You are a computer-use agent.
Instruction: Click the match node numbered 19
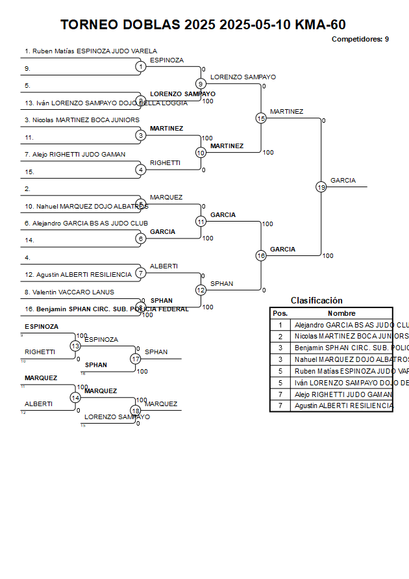321,187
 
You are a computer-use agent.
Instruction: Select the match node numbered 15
261,118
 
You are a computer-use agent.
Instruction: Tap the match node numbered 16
261,255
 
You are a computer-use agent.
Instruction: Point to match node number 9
201,84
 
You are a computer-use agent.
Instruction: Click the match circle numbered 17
136,359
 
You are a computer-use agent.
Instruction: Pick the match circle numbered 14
75,398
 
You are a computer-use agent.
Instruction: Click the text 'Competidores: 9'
360,39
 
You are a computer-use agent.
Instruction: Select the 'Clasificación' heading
316,301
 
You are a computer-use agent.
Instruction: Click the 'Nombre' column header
341,313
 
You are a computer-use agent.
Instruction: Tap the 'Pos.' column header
280,313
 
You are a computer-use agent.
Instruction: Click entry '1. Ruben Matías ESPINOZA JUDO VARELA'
91,51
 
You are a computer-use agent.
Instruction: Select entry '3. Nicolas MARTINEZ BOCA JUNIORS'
82,120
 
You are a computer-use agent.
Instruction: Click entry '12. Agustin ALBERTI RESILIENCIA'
78,275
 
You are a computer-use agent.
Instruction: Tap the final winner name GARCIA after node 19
343,181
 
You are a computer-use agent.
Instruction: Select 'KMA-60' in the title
320,25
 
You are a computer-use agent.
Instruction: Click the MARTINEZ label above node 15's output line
286,112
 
